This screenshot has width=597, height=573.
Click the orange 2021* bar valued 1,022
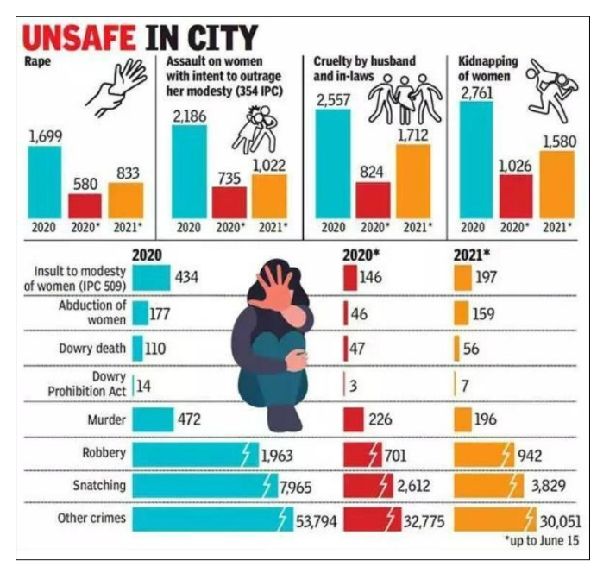click(269, 196)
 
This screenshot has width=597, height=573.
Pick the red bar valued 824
click(373, 199)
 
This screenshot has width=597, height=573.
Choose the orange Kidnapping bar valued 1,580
click(556, 184)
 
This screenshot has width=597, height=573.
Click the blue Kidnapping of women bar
click(476, 160)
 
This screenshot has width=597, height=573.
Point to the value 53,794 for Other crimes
click(316, 521)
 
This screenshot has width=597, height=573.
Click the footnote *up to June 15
click(543, 540)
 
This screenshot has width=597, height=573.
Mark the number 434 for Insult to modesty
click(188, 278)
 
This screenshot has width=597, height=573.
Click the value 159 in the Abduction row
click(483, 314)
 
